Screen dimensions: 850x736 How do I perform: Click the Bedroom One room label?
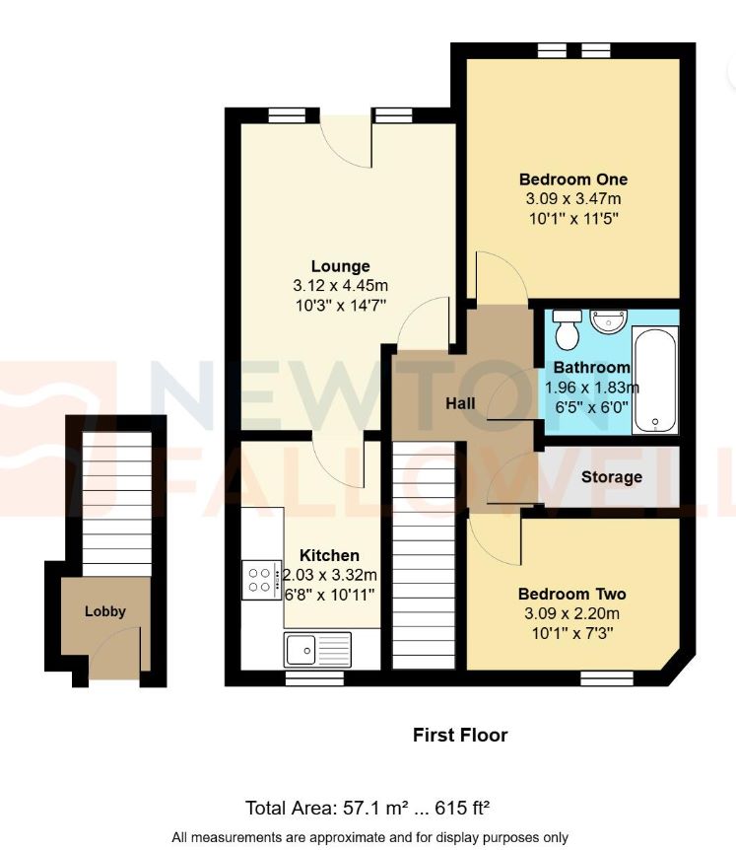pos(572,179)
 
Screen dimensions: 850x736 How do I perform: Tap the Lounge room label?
pos(340,266)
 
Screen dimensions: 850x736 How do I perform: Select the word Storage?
pos(611,477)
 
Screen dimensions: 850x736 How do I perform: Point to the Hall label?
pos(459,403)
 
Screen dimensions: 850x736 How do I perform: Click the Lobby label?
pos(105,611)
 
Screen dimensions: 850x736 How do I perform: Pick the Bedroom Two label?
pos(571,595)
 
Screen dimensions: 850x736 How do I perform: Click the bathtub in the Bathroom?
pos(655,383)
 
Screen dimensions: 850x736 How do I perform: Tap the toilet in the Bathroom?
pos(567,330)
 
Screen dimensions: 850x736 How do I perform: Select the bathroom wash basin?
pos(609,320)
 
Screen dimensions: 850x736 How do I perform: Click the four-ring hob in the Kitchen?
pos(261,580)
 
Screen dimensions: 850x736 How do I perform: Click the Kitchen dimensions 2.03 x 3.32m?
pos(331,575)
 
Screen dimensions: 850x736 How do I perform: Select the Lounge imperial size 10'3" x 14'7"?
pos(340,305)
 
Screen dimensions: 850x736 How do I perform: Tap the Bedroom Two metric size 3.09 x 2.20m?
pos(571,613)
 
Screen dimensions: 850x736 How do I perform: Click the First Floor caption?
pos(459,735)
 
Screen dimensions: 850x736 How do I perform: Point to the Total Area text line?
pos(368,809)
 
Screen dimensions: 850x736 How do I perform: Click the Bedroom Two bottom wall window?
pos(606,677)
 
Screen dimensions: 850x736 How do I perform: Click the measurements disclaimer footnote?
pos(369,837)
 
